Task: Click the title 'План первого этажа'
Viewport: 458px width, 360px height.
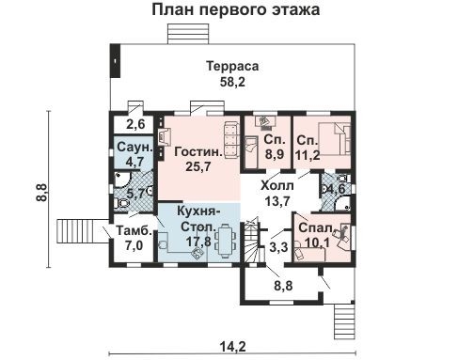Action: [235, 11]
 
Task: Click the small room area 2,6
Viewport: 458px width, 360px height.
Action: [136, 123]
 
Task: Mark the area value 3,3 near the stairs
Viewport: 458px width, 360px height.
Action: [278, 249]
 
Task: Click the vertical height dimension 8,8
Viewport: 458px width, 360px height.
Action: [41, 194]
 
